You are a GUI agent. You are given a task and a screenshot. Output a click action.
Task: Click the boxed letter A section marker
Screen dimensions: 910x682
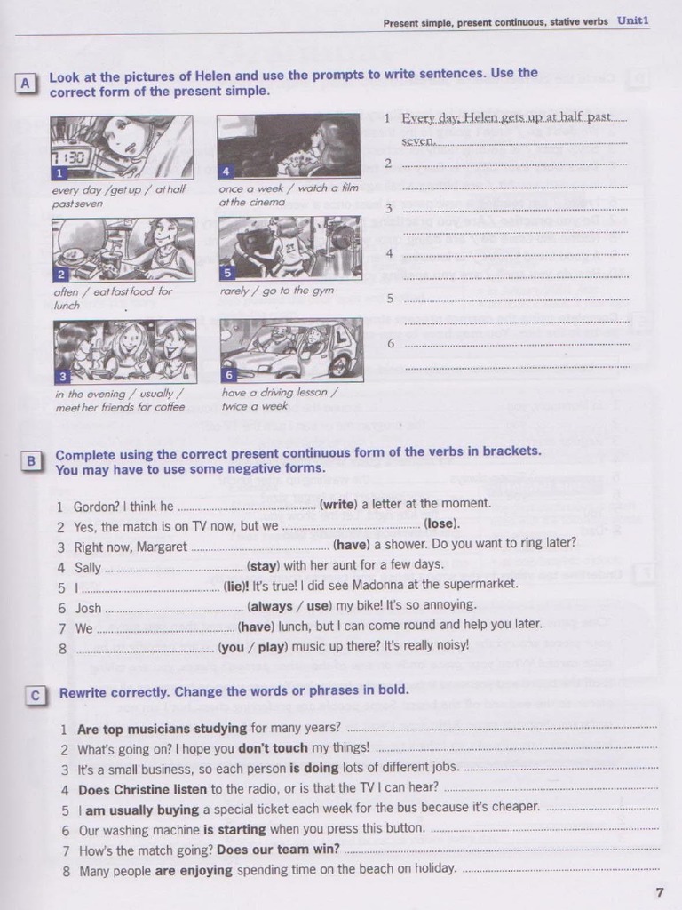(26, 83)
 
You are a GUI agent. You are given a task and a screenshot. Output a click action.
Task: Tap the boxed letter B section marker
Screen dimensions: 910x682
(31, 460)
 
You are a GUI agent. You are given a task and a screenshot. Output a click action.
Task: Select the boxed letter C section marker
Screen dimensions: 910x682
(35, 696)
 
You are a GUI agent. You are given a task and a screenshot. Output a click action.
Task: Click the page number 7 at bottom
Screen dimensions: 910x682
(658, 893)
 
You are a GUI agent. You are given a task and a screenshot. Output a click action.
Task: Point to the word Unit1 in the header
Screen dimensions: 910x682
(633, 20)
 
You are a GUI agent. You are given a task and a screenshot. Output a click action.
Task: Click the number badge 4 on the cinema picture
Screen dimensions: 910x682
(226, 171)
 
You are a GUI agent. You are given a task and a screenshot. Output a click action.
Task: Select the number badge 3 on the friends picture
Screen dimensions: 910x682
(62, 377)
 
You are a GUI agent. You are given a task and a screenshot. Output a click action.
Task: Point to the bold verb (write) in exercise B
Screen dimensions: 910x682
(338, 504)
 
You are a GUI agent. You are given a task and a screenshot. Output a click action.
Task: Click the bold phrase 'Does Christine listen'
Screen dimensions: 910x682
(142, 788)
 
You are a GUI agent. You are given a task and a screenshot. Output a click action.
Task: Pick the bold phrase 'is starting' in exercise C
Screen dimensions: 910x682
(234, 829)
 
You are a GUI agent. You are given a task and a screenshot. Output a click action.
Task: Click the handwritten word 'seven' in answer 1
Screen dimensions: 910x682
(417, 140)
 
